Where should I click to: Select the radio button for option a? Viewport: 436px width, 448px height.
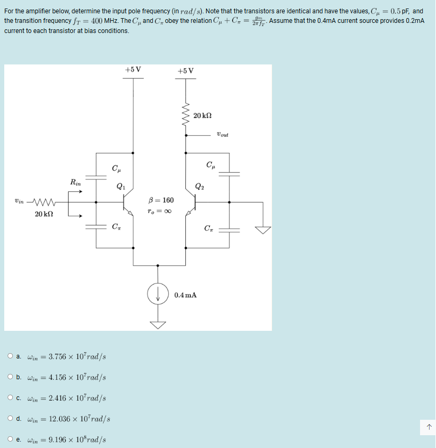[x=11, y=356]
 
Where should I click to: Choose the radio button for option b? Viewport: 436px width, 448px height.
[x=11, y=377]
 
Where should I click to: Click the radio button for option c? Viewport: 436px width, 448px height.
[x=11, y=397]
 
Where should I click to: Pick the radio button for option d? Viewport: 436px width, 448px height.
[x=11, y=418]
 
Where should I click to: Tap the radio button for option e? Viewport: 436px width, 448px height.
[x=11, y=439]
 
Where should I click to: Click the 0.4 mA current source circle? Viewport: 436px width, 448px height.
[x=158, y=294]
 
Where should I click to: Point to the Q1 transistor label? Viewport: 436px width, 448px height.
[x=121, y=186]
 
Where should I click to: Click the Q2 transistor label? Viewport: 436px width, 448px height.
[x=199, y=186]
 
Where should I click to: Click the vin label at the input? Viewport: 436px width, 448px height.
[x=19, y=202]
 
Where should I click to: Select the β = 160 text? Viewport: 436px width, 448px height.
[x=162, y=200]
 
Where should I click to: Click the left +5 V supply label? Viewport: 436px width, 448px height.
[x=133, y=70]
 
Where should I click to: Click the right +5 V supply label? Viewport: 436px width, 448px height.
[x=186, y=71]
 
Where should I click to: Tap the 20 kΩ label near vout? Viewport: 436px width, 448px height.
[x=203, y=116]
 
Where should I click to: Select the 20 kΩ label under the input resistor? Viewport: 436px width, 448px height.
[x=44, y=214]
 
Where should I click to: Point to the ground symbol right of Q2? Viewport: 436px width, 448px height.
[x=262, y=230]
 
